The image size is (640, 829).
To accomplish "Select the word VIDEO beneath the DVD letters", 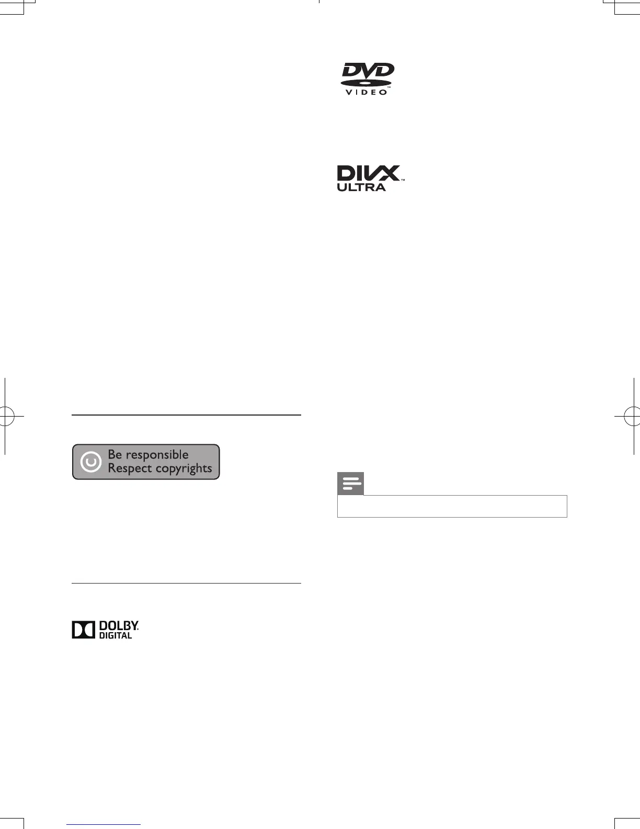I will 367,93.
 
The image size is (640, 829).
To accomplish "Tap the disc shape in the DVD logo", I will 366,83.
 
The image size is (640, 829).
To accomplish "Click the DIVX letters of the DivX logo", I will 368,173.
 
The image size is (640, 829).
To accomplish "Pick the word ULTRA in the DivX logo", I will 361,187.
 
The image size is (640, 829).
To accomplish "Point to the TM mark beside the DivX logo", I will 403,180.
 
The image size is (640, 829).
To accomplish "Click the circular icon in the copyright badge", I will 90,462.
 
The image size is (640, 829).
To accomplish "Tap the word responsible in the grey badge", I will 157,455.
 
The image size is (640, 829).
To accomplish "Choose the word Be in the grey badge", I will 115,455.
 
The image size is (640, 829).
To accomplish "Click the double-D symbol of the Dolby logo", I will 83,630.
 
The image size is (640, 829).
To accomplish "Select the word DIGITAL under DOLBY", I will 116,635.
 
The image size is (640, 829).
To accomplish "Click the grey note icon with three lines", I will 351,484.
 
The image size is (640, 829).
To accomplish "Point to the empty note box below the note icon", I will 452,506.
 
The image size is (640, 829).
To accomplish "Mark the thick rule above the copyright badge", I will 186,415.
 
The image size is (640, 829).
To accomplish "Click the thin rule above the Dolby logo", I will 186,583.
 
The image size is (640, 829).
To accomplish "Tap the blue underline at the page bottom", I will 104,825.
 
